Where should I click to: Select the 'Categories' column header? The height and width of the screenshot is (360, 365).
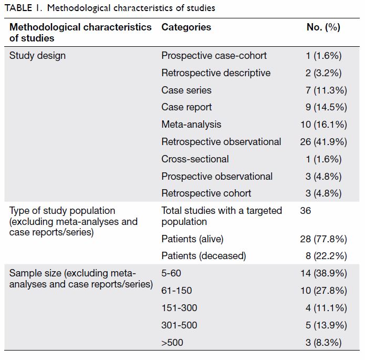(x=186, y=27)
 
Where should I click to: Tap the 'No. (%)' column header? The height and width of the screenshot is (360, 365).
(x=324, y=27)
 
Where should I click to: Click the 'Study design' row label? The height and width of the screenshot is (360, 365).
(x=37, y=56)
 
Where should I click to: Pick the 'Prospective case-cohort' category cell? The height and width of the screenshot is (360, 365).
(x=214, y=56)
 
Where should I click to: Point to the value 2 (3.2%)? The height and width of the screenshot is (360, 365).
(x=324, y=73)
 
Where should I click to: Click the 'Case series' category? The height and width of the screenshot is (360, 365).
(x=186, y=90)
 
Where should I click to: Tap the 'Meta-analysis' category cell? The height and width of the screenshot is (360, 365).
(x=191, y=125)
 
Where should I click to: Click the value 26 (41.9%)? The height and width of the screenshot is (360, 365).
(x=324, y=142)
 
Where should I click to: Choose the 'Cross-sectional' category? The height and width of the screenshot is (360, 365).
(x=195, y=159)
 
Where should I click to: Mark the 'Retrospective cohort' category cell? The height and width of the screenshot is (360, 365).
(x=206, y=193)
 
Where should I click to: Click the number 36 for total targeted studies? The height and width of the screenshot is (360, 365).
(x=306, y=211)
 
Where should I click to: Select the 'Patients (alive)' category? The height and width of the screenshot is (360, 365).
(x=193, y=239)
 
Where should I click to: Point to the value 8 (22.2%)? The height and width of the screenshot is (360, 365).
(x=326, y=256)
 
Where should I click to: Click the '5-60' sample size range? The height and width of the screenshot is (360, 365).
(x=171, y=273)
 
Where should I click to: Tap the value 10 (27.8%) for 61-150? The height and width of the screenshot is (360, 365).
(x=324, y=291)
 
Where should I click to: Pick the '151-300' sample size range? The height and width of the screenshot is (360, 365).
(x=179, y=308)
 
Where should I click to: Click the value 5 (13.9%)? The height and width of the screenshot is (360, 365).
(x=326, y=325)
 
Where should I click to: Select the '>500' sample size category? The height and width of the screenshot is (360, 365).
(x=172, y=343)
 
